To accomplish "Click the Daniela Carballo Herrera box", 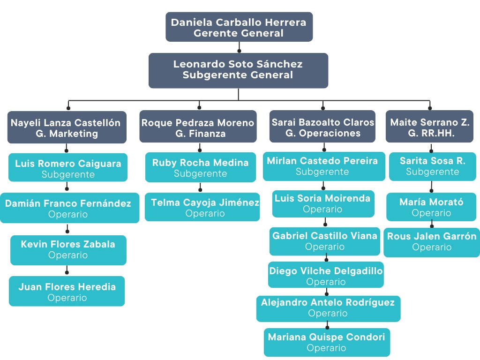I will tap(239, 27).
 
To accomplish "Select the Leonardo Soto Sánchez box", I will tap(238, 70).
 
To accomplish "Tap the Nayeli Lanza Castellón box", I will tap(67, 127).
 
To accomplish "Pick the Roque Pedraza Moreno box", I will tap(198, 127).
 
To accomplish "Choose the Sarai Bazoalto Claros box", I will tap(322, 127).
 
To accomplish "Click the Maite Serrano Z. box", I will tap(430, 127).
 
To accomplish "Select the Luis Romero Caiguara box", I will tap(68, 168).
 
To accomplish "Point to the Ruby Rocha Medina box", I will tap(200, 167).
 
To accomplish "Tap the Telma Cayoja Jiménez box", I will tap(202, 207).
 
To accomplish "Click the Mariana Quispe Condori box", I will tap(327, 342).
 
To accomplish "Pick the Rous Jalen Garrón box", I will tap(431, 241).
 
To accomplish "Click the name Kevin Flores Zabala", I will tap(68, 244).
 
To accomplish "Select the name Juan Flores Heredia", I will tap(67, 287).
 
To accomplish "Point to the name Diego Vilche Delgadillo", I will tap(326, 271).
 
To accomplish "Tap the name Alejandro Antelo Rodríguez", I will tap(328, 302).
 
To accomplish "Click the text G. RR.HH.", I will tap(430, 134).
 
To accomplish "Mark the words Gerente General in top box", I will tap(239, 33).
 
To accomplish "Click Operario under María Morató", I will tap(431, 213).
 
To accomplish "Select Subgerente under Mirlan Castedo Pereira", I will tap(322, 172).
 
